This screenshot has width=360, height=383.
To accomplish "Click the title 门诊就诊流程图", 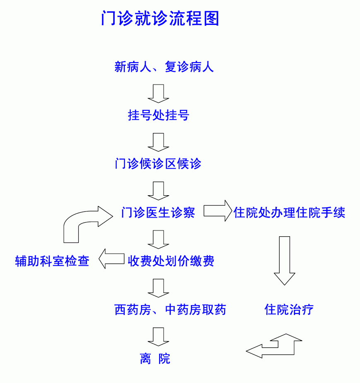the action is pos(160,18).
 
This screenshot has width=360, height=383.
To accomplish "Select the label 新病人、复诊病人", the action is pos(164,67).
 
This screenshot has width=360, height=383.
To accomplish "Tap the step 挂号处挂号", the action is pos(158,115).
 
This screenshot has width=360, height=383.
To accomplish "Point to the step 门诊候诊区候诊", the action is pos(158,164).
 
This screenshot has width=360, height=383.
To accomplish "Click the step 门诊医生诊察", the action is pos(158,212).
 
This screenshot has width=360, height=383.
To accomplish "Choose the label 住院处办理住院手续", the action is pos(289,212).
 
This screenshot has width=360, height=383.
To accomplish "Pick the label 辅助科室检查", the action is pos(52,261).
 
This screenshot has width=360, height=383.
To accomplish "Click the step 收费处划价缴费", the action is pos(171,261).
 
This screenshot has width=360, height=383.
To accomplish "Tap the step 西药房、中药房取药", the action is pos(170,310).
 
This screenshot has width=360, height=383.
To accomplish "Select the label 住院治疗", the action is pos(289,310).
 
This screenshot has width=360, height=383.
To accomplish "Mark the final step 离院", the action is pos(155,359).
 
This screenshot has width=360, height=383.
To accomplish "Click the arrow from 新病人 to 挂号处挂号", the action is pos(158,94).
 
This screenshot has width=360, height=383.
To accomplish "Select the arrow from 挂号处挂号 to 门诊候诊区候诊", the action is pos(158,142).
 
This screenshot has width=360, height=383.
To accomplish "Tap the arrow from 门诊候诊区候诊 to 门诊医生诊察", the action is pos(158,191).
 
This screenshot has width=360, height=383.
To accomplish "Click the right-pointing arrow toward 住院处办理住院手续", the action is pos(218,211).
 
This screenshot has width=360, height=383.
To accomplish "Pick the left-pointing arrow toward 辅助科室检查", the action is pos(111,259).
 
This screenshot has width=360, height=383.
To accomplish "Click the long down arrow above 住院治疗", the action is pos(285,261).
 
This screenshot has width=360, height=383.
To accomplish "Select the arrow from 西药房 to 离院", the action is pos(158,337).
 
